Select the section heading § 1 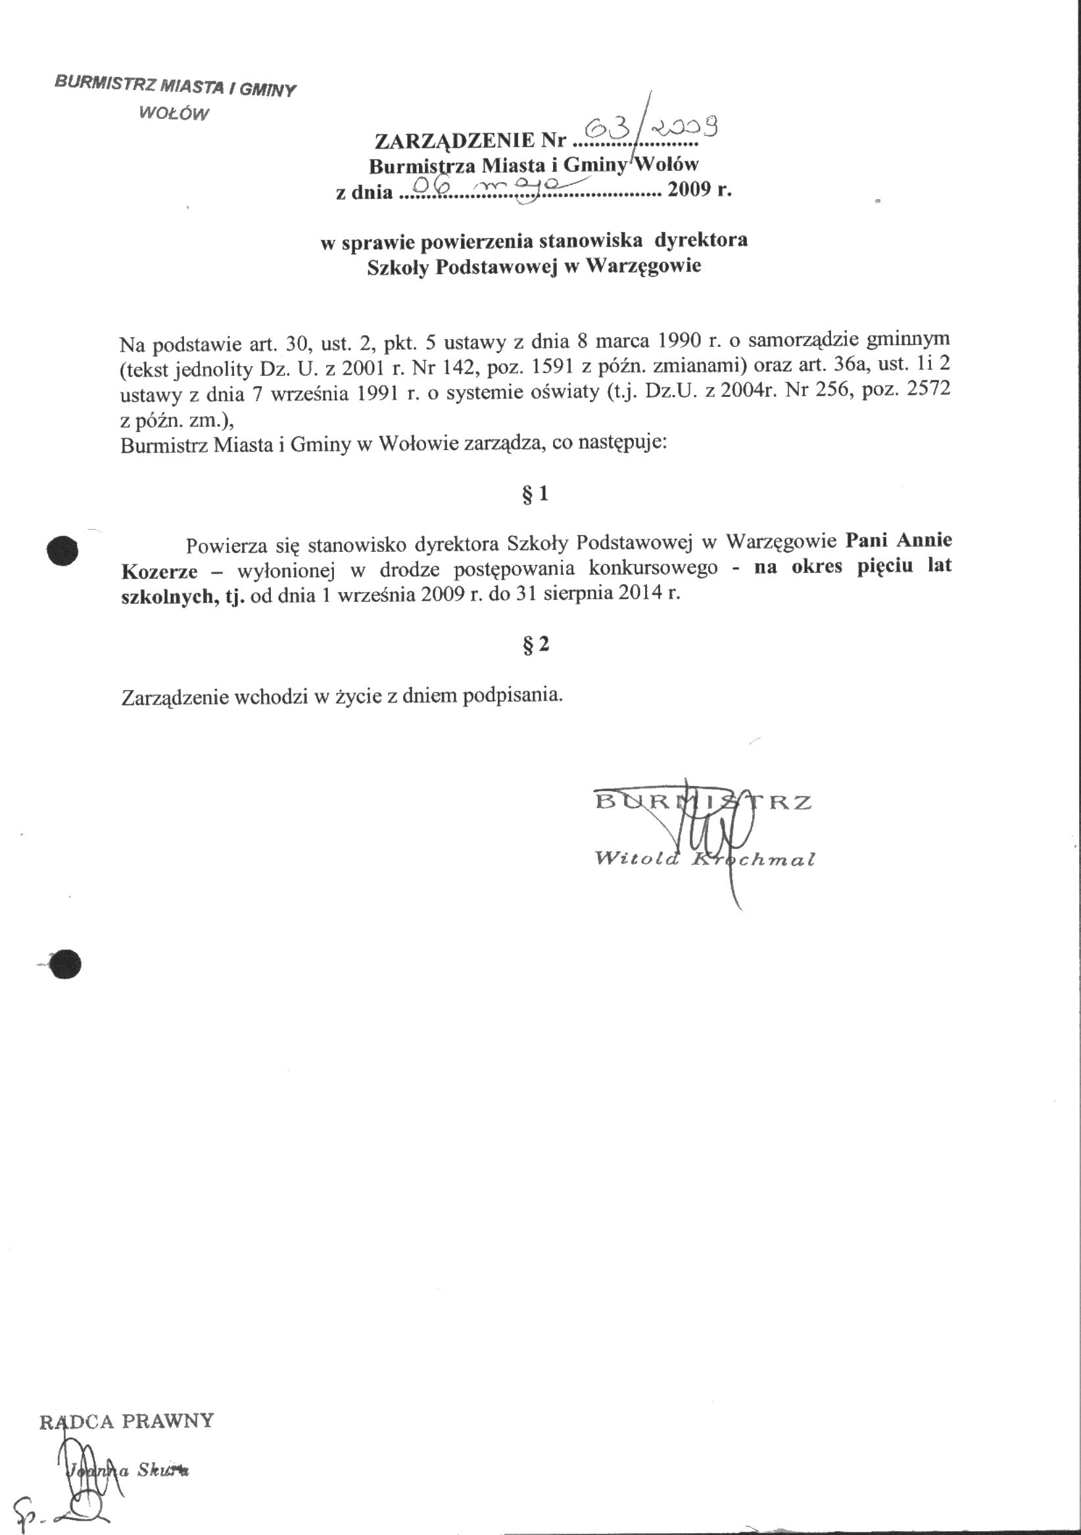coord(535,494)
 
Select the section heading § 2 coord(535,645)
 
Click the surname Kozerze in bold coord(159,572)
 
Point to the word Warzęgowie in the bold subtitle coord(644,266)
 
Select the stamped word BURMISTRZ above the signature coord(702,802)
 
